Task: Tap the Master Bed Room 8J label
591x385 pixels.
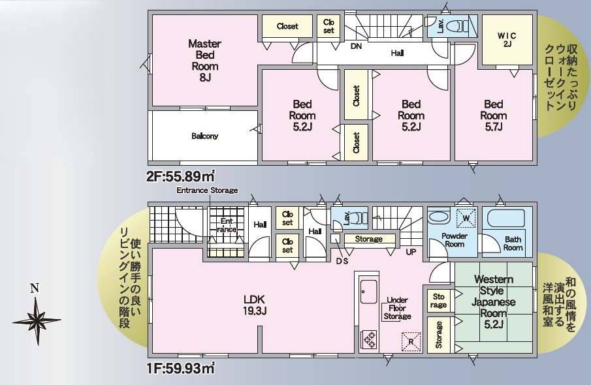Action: [x=204, y=60]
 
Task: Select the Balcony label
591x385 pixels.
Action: [x=204, y=136]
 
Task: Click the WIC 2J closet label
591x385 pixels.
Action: [x=507, y=39]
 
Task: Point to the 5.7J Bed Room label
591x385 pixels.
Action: [x=493, y=115]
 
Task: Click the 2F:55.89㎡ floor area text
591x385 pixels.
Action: [x=181, y=176]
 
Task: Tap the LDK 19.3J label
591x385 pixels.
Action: [x=254, y=305]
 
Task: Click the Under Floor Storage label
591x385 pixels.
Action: [x=397, y=308]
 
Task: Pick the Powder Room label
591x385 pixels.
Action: [x=455, y=239]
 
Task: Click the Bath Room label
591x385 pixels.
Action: [x=513, y=243]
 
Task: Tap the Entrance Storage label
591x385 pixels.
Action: [x=207, y=190]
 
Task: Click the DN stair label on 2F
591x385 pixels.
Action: [x=356, y=46]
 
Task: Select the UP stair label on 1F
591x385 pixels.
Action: [x=411, y=251]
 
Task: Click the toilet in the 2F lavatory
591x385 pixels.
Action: [x=461, y=27]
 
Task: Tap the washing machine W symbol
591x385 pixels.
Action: [x=466, y=219]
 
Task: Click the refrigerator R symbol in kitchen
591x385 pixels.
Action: [x=411, y=341]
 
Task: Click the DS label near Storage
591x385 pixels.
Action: [x=342, y=261]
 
